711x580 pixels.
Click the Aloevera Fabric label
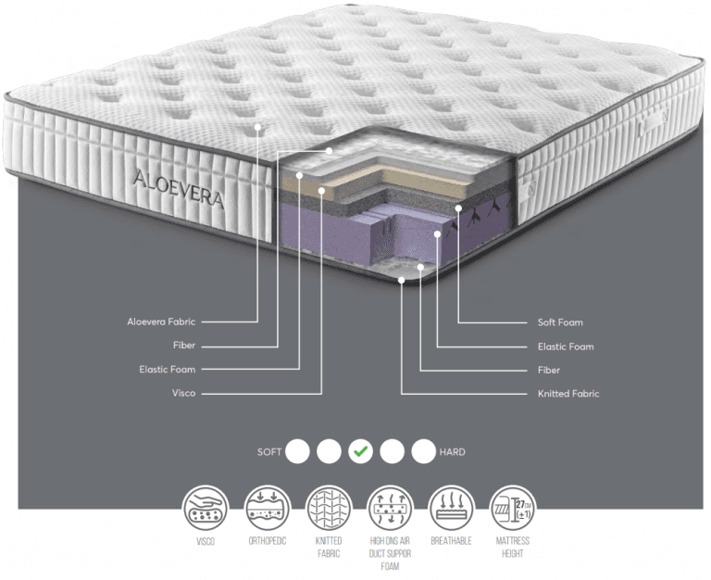(x=161, y=322)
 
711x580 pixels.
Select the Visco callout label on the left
(x=183, y=393)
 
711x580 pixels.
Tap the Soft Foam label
(x=560, y=322)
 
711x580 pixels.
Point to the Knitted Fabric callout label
(x=568, y=394)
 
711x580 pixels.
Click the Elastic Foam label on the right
(x=566, y=347)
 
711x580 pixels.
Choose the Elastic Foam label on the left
(x=168, y=370)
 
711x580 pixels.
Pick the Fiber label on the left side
(x=184, y=346)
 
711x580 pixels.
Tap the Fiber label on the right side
(x=549, y=371)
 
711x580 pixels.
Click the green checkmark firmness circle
(x=360, y=451)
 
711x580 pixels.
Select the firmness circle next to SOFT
(x=297, y=451)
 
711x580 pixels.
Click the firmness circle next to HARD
(x=423, y=451)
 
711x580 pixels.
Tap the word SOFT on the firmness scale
(x=269, y=452)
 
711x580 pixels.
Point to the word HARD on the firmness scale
(x=452, y=452)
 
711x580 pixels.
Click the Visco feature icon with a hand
(x=206, y=508)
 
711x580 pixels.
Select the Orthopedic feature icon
(x=267, y=508)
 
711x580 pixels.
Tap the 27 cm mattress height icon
(x=512, y=508)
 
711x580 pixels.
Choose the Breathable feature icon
(x=451, y=508)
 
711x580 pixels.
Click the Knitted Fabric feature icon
(x=329, y=508)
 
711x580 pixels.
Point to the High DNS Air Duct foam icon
(x=390, y=508)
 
